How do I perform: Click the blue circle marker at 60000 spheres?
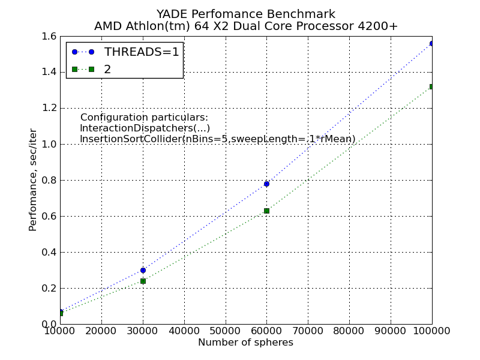266,184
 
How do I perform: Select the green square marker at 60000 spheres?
266,211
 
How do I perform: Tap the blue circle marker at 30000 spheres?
143,270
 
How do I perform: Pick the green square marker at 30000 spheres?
143,281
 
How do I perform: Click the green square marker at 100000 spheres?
431,86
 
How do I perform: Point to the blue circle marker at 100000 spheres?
431,43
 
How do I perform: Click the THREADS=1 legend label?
142,52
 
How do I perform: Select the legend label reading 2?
107,69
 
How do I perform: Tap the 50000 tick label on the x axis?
225,331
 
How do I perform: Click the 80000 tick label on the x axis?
349,331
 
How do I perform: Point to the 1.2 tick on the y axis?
49,108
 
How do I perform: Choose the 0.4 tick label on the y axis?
49,252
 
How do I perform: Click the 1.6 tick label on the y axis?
49,36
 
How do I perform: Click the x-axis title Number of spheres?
245,343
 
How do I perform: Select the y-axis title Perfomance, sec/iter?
33,180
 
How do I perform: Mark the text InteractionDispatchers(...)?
145,128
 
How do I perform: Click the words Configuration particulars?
144,118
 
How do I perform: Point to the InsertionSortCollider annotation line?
217,139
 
